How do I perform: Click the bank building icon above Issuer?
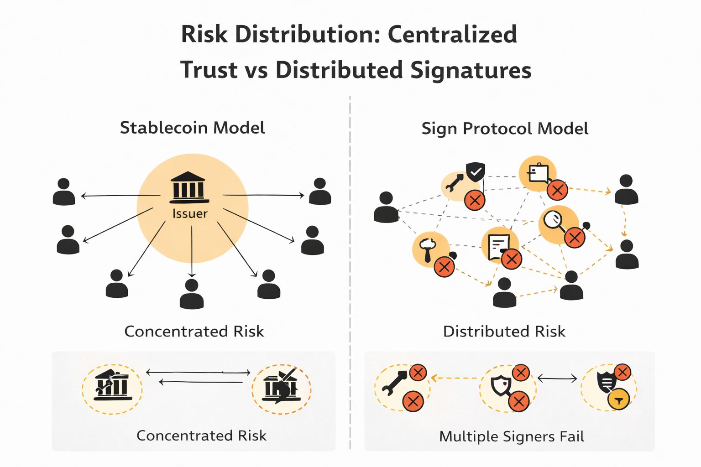pos(189,187)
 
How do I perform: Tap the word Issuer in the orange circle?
pos(190,213)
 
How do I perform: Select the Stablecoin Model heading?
pos(192,128)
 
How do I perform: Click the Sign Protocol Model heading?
pos(504,129)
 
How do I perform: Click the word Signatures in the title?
pos(471,70)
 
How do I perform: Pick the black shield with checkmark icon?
pos(476,172)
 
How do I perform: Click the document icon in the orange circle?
pos(497,246)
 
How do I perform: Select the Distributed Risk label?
pos(504,332)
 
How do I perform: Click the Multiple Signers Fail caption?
pos(511,436)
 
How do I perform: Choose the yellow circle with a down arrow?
pos(618,400)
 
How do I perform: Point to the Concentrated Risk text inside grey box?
pos(201,436)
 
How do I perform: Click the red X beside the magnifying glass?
pos(575,237)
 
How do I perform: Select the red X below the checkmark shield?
pos(475,200)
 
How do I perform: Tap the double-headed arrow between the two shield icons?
pos(557,378)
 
